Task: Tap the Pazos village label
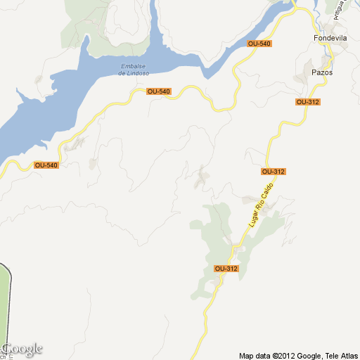321,72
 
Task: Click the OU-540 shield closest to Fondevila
259,44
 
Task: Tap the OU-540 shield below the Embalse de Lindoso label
159,91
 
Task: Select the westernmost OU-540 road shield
46,165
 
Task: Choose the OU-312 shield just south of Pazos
308,102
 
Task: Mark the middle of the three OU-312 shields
273,172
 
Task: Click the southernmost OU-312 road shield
226,269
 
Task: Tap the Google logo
22,349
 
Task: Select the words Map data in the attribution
255,354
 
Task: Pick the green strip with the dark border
5,302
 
